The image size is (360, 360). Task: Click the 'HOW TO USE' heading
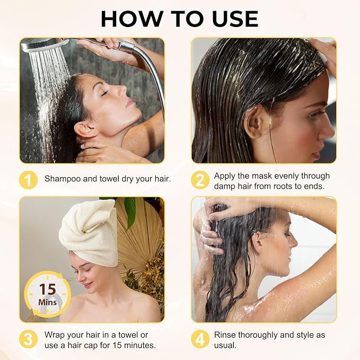[180, 19]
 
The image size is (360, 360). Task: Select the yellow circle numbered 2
[200, 180]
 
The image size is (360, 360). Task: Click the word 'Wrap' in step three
[55, 335]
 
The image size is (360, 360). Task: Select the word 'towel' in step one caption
[110, 179]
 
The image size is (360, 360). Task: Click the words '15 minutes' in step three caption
[137, 346]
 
